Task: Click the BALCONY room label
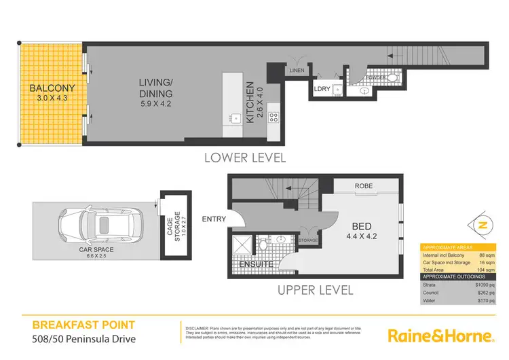[x=47, y=89]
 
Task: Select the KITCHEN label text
[x=250, y=102]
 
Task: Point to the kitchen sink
[x=235, y=118]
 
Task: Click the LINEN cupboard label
[x=297, y=70]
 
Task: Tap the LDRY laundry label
[x=322, y=88]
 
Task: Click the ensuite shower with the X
[x=242, y=244]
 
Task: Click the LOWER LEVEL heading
[x=245, y=158]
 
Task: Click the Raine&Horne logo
[x=440, y=336]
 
